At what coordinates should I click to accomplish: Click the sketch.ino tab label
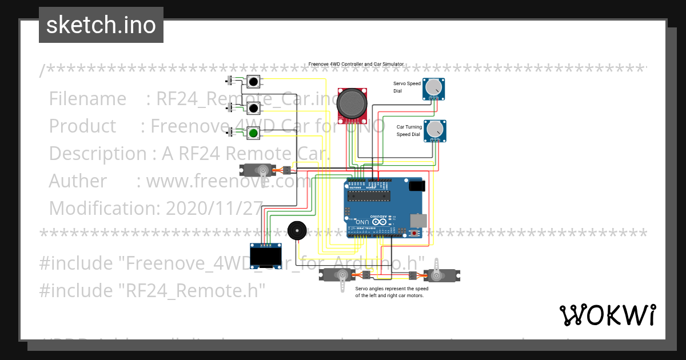(101, 25)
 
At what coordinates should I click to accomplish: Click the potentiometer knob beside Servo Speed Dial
(434, 87)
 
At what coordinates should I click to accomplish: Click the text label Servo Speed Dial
(407, 87)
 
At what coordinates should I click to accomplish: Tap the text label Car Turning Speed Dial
(409, 130)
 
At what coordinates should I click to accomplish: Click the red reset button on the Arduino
(414, 233)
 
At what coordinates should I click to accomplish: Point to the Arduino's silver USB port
(419, 219)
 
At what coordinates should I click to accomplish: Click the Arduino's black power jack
(417, 185)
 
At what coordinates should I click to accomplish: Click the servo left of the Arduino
(255, 170)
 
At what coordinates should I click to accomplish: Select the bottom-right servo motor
(441, 276)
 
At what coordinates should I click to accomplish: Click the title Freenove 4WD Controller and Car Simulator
(356, 65)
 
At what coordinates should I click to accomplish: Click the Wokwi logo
(608, 315)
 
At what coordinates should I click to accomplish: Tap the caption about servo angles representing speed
(392, 292)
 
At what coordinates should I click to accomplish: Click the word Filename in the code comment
(87, 99)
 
